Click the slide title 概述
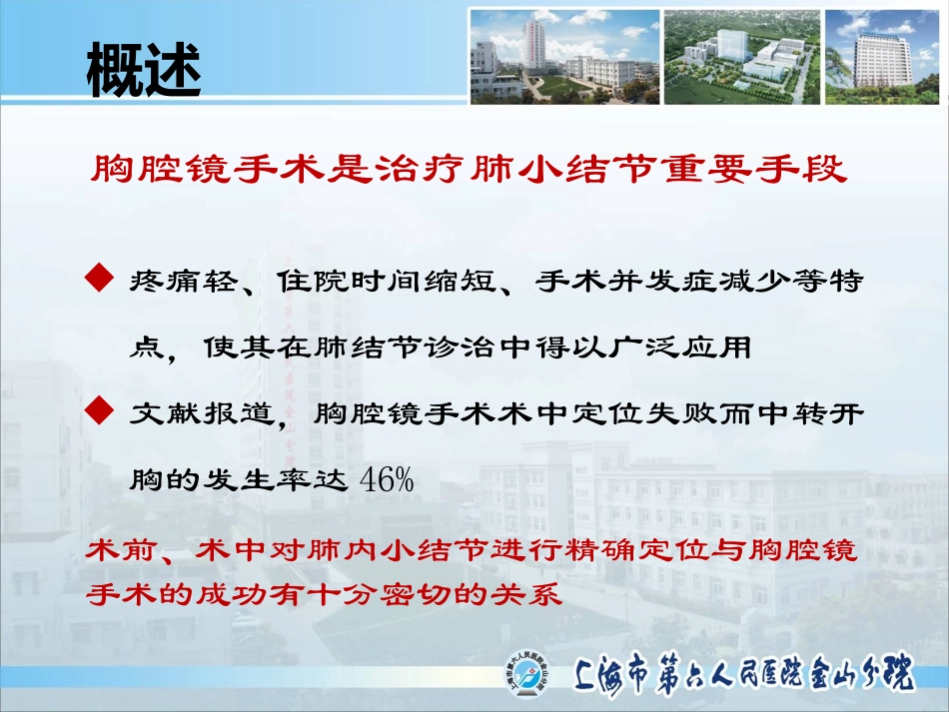point(144,70)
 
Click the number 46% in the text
point(387,480)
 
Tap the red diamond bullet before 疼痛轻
point(99,279)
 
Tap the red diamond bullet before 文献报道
point(99,411)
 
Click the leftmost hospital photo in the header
point(564,57)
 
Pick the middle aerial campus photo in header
point(742,57)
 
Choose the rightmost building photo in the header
point(882,57)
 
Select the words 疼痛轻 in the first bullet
point(184,281)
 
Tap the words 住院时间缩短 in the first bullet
point(387,281)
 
